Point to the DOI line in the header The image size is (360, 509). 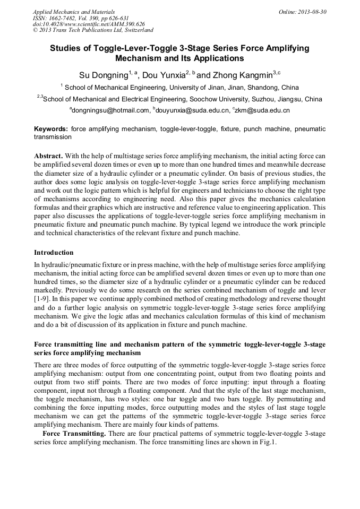(89, 24)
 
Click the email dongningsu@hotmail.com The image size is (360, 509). (111, 110)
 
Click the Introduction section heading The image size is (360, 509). (54, 252)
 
